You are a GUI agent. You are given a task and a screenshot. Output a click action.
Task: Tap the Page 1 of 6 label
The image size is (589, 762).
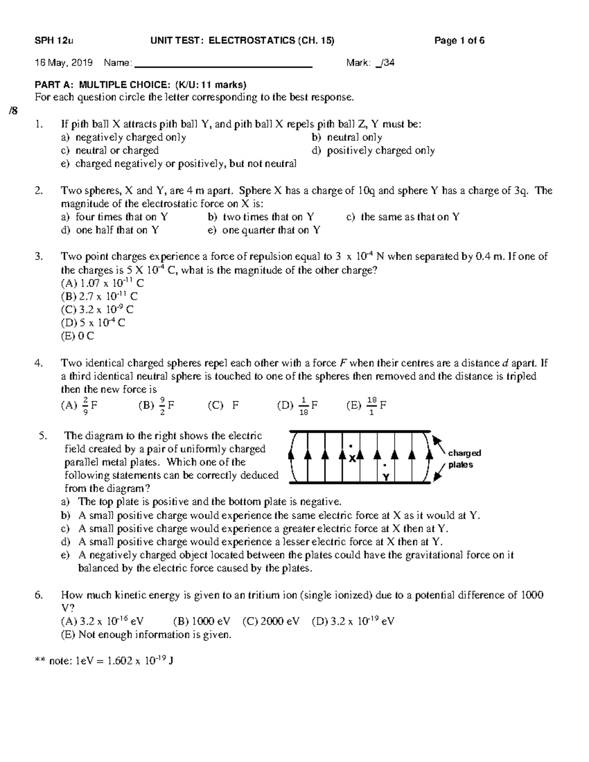pyautogui.click(x=459, y=41)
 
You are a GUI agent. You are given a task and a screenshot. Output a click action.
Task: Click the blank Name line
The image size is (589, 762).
pyautogui.click(x=223, y=63)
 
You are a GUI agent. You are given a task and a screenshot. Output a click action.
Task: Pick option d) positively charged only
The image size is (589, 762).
pyautogui.click(x=373, y=151)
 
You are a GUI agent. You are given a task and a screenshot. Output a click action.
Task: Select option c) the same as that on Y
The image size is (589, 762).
pyautogui.click(x=402, y=217)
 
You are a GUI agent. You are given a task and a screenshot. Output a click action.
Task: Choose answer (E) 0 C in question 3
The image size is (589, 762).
pyautogui.click(x=77, y=336)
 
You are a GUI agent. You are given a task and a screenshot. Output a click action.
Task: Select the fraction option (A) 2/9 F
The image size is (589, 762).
pyautogui.click(x=79, y=406)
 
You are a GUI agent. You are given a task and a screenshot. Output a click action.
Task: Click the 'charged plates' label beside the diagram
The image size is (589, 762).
pyautogui.click(x=463, y=459)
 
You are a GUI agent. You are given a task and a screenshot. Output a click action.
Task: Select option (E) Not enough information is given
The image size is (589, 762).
pyautogui.click(x=146, y=635)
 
